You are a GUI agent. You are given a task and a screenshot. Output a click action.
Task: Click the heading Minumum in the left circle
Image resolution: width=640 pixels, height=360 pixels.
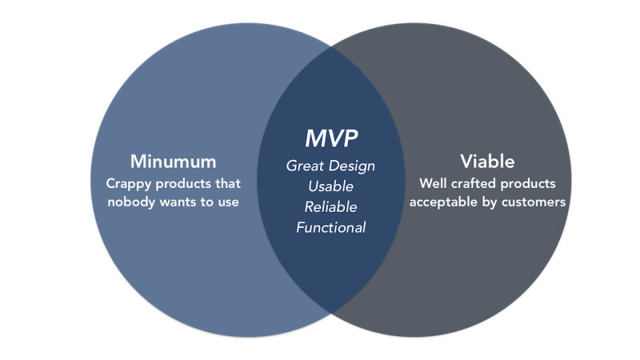(x=174, y=161)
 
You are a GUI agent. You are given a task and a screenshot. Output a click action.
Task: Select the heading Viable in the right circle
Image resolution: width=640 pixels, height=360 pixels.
(x=487, y=161)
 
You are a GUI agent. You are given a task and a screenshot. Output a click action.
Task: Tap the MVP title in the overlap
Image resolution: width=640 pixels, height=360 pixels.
(x=330, y=138)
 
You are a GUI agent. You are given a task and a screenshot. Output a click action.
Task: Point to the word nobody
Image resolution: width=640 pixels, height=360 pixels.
(x=131, y=202)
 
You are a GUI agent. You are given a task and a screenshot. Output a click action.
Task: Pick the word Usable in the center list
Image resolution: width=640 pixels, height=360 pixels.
(x=330, y=186)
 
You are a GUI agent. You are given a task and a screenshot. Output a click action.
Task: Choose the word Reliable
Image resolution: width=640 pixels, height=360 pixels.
(x=330, y=206)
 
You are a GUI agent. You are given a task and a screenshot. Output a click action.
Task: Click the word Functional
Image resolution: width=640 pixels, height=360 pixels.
(x=330, y=227)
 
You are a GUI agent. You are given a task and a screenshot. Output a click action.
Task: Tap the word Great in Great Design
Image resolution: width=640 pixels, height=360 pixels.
(x=306, y=166)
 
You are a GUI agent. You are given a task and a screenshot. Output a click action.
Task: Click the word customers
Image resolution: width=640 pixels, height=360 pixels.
(x=534, y=202)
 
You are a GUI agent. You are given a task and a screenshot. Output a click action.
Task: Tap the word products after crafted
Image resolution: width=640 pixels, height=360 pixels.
(x=527, y=183)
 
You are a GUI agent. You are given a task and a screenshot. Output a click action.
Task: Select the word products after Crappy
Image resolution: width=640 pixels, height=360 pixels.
(x=186, y=183)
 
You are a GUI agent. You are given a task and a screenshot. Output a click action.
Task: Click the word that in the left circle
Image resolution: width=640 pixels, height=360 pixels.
(x=230, y=183)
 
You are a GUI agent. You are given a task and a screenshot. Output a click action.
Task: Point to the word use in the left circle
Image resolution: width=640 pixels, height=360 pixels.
(x=228, y=202)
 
